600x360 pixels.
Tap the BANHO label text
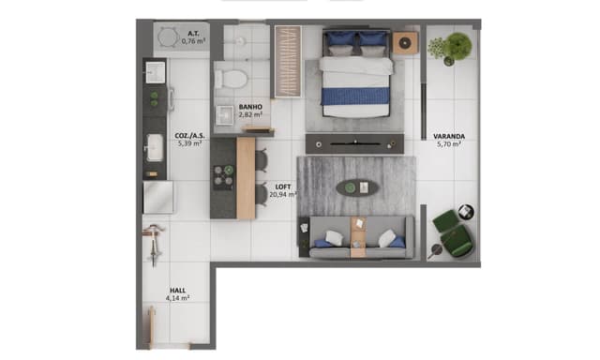tap(250, 107)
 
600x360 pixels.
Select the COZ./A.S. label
tap(188, 135)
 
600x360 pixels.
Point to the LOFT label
tap(283, 187)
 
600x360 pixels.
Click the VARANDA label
tap(448, 135)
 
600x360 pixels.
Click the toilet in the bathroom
tap(231, 75)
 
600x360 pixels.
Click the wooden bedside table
tap(405, 43)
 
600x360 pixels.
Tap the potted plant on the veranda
tap(456, 46)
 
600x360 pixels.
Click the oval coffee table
tap(358, 187)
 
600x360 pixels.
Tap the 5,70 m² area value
tap(448, 144)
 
